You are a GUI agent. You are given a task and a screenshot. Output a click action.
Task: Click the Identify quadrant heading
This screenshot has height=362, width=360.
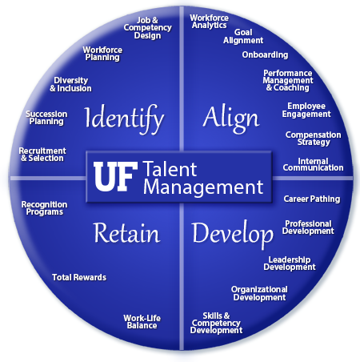[x=124, y=119]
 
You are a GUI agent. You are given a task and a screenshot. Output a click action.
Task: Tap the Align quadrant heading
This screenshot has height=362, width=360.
[x=231, y=119]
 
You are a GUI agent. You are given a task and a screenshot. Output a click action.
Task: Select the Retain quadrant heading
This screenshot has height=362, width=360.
[x=126, y=233]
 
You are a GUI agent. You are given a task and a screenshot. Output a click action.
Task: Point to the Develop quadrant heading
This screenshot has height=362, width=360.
[x=233, y=234]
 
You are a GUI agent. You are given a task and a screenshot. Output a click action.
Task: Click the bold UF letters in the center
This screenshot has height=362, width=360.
[x=115, y=176]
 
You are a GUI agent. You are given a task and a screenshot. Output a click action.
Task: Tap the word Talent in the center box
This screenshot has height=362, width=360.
[x=170, y=169]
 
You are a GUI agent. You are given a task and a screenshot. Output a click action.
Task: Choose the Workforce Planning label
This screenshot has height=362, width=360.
[x=102, y=54]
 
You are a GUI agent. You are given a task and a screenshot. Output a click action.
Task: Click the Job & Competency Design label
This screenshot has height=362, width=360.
[x=147, y=28]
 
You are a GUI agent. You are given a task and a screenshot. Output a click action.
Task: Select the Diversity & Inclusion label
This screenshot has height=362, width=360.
[x=70, y=84]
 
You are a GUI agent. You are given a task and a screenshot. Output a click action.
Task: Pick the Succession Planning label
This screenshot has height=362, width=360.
[x=46, y=118]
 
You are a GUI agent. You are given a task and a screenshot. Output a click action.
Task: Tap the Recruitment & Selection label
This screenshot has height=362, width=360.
[x=42, y=155]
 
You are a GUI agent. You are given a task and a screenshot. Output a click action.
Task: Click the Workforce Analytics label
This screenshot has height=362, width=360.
[x=210, y=22]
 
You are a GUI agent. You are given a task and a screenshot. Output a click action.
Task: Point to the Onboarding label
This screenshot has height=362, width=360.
[x=265, y=54]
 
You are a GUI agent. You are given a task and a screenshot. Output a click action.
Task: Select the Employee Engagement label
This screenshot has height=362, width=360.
[x=306, y=110]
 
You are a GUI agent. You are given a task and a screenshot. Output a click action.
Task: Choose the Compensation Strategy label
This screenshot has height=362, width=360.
[x=314, y=139]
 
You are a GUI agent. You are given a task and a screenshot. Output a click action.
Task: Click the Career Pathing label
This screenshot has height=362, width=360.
[x=312, y=199]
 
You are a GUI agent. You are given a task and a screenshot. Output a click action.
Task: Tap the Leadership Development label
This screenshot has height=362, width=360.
[x=290, y=263]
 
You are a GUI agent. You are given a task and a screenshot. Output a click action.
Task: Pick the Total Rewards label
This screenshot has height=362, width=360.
[x=79, y=277]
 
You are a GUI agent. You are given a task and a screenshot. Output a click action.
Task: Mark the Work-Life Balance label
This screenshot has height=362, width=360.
[x=142, y=322]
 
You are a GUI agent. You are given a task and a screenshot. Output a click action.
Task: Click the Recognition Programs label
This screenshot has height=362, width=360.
[x=45, y=208]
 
